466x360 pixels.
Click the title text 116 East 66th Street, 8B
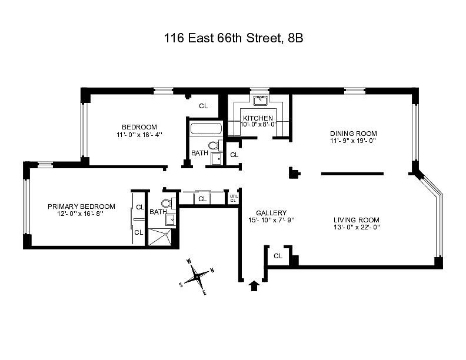tap(234, 38)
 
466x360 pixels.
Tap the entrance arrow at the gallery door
tap(254, 286)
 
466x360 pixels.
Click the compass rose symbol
tap(197, 277)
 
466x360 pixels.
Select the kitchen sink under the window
tap(260, 101)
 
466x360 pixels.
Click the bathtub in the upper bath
tap(206, 129)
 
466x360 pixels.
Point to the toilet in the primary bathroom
tap(167, 204)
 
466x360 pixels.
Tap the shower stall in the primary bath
tap(160, 237)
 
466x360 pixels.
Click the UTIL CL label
tap(234, 198)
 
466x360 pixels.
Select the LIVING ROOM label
tap(357, 220)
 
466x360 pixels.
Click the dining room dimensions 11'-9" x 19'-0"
tap(353, 141)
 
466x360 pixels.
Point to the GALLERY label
tap(271, 213)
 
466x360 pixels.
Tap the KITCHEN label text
tap(258, 118)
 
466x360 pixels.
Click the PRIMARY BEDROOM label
tap(81, 206)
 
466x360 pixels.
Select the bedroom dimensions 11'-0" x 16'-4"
tap(139, 135)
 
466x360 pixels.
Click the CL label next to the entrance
tap(278, 256)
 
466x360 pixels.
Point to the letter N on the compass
tap(212, 271)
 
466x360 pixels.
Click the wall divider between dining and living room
tap(352, 174)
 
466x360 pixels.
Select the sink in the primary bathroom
tap(171, 220)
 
